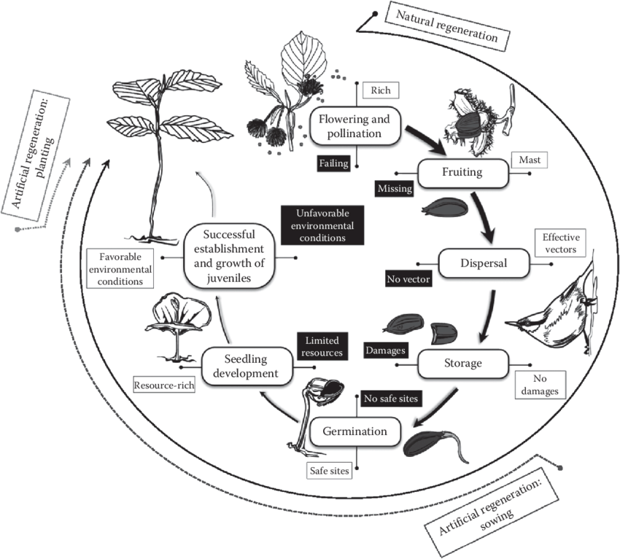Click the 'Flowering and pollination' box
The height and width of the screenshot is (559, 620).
(356, 126)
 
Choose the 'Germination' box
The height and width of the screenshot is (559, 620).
(355, 431)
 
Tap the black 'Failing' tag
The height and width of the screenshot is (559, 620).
(333, 163)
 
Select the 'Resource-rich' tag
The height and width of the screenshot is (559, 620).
(163, 384)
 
